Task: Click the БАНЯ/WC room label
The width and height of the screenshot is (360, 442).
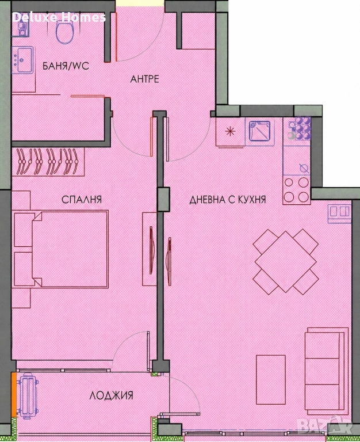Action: coord(66,66)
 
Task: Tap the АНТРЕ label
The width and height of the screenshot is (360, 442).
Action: coord(144,79)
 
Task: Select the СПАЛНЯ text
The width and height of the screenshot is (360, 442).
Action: coord(82,200)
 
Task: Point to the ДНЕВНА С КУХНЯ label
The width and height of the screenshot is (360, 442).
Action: coord(228,200)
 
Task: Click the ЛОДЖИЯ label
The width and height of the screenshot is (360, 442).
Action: coord(111,395)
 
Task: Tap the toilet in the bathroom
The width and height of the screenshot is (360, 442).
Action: coord(65,32)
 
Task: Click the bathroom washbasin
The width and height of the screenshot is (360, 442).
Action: coord(23,60)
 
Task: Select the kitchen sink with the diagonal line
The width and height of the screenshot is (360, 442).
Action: coord(260,131)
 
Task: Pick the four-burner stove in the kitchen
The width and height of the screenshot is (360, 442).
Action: coord(296,189)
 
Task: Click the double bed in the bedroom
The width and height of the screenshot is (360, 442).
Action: coord(70,249)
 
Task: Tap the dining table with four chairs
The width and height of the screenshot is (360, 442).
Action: coord(286,262)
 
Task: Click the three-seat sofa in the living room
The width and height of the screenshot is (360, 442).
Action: coord(327,371)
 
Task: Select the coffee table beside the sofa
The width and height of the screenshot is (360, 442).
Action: coord(271,380)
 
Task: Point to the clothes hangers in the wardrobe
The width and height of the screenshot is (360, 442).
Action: coord(48,162)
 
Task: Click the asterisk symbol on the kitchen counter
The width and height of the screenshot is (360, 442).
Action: coord(230,131)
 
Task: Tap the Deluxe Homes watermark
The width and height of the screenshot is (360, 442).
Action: coord(59,17)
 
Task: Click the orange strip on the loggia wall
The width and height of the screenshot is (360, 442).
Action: coord(14,394)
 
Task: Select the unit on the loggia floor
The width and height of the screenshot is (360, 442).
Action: coord(28,396)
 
